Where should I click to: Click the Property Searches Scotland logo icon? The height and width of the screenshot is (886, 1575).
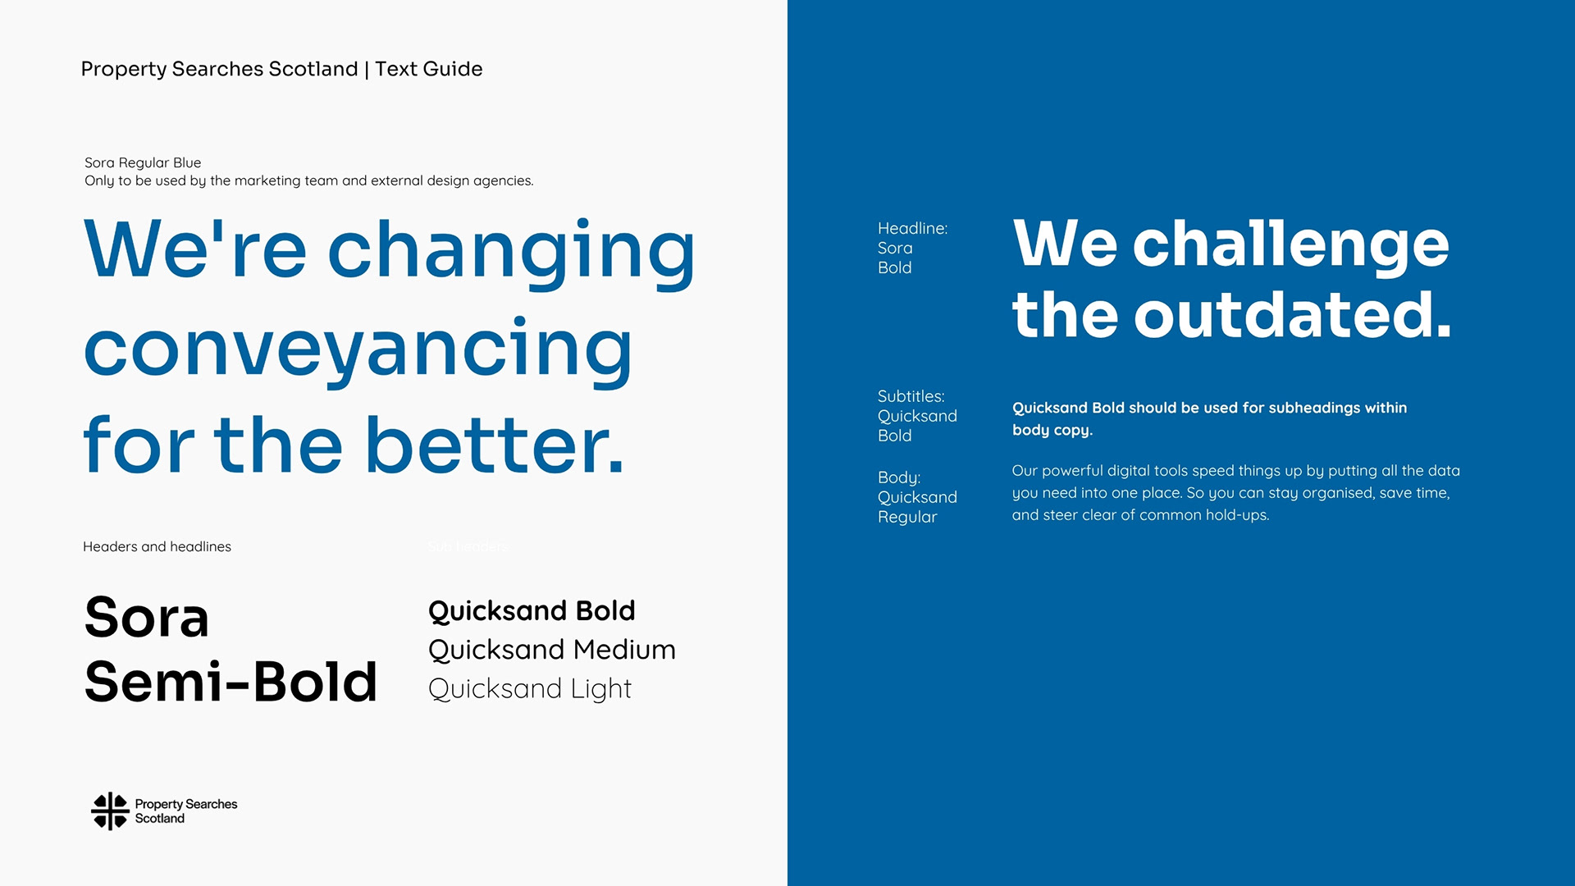pyautogui.click(x=110, y=811)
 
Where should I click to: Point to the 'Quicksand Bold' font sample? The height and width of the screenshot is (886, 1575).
pyautogui.click(x=532, y=611)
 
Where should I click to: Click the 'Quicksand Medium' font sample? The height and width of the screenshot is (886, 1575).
pyautogui.click(x=552, y=650)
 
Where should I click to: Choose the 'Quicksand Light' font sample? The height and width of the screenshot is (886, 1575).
pyautogui.click(x=530, y=689)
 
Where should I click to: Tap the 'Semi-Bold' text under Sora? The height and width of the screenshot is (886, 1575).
pyautogui.click(x=231, y=682)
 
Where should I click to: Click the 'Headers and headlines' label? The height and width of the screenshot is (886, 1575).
pyautogui.click(x=157, y=546)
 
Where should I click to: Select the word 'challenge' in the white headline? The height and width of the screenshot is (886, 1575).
pyautogui.click(x=1291, y=244)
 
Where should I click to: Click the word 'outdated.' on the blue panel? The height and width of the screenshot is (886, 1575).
pyautogui.click(x=1293, y=314)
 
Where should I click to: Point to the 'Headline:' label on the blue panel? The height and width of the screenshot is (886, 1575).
pyautogui.click(x=912, y=228)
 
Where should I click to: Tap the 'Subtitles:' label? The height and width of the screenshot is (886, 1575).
pyautogui.click(x=911, y=396)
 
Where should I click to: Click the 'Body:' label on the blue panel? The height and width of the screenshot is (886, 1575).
pyautogui.click(x=899, y=477)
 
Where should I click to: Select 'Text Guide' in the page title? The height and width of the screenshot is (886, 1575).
pyautogui.click(x=429, y=69)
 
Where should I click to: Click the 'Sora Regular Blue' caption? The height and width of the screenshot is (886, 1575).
pyautogui.click(x=143, y=162)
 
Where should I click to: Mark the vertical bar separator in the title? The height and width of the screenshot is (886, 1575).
pyautogui.click(x=367, y=70)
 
